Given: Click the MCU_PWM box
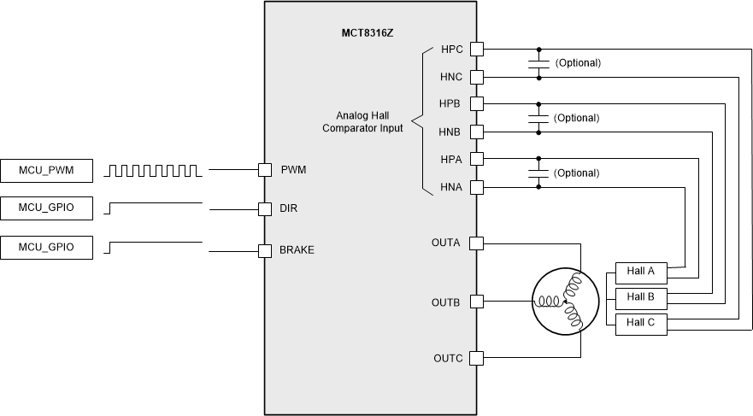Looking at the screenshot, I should click(46, 171).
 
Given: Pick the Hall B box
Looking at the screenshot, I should click(640, 297).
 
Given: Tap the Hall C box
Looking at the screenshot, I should click(640, 322).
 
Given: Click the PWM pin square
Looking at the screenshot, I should click(265, 171).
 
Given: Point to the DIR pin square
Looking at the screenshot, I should click(265, 208).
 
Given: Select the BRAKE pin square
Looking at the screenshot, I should click(265, 250).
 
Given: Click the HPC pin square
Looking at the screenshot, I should click(476, 50).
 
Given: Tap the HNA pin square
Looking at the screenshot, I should click(476, 187).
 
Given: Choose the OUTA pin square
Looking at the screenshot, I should click(476, 243).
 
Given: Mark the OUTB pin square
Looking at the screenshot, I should click(476, 302).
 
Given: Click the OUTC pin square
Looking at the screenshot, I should click(476, 358).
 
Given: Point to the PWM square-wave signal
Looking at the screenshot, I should click(154, 171).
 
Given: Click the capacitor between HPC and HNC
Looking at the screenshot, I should click(538, 63).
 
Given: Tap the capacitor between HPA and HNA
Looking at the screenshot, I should click(538, 173).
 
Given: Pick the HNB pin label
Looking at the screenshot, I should click(450, 132).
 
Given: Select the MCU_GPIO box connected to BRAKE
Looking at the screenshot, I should click(46, 248).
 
